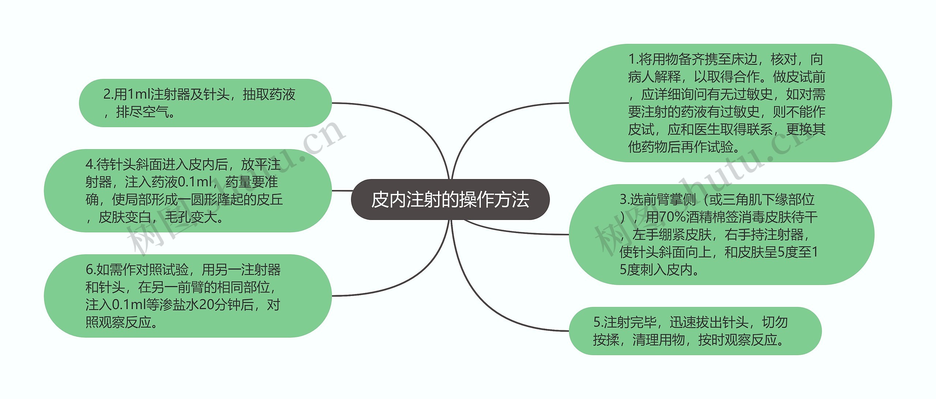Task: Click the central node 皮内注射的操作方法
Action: (x=450, y=199)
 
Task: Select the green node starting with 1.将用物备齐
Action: (x=730, y=103)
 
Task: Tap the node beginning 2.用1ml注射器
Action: (x=205, y=103)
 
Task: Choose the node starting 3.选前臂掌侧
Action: (x=721, y=235)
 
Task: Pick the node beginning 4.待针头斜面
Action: (x=188, y=191)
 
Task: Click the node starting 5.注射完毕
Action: (x=695, y=331)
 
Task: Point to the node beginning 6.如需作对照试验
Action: (x=188, y=296)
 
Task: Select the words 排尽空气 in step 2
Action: (x=142, y=112)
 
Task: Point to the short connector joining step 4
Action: (x=341, y=191)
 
